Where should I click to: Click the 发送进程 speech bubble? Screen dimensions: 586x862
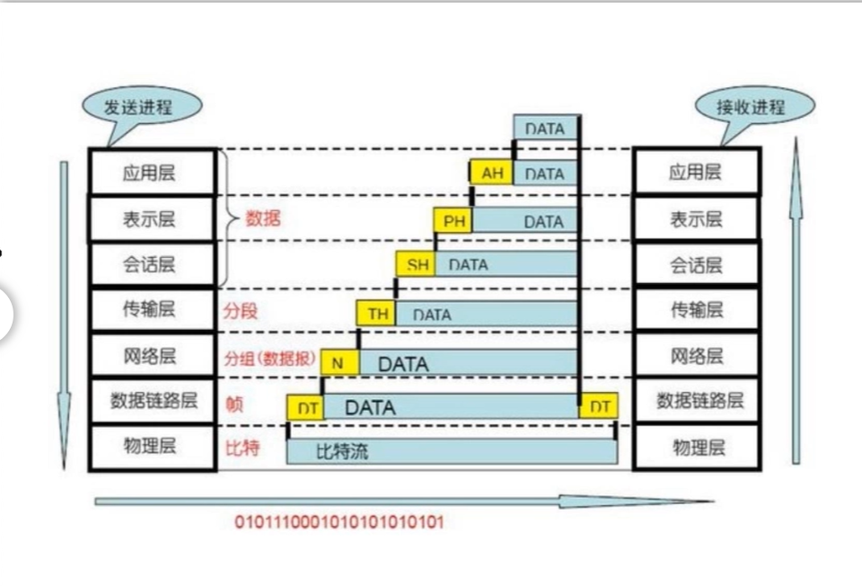pos(139,107)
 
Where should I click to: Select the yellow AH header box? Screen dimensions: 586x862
pos(491,173)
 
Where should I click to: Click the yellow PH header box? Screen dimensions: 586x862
pos(454,220)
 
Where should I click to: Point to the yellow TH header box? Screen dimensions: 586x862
pos(378,314)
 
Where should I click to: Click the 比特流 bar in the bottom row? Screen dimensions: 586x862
pos(452,450)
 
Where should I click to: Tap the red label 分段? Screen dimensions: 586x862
pos(240,312)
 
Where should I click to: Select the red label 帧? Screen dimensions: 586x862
pos(234,404)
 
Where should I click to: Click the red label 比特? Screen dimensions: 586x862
pos(242,447)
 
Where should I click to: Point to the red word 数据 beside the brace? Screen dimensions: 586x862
pos(263,218)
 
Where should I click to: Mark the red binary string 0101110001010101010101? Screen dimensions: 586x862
pos(339,522)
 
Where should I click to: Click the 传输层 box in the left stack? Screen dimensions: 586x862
pos(152,310)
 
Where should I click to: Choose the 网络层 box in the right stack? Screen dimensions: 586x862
pos(697,356)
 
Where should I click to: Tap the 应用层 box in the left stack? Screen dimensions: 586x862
pos(152,172)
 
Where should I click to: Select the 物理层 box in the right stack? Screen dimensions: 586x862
pos(697,447)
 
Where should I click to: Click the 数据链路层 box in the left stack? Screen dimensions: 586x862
pos(152,401)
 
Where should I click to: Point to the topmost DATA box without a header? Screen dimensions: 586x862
pos(546,128)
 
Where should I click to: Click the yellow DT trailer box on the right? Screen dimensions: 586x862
pos(600,406)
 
